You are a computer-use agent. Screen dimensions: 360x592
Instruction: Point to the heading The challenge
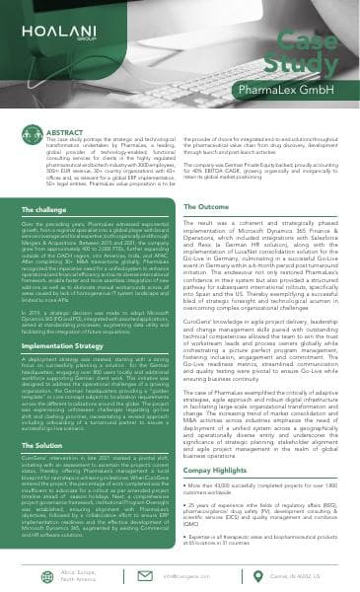point(42,210)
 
